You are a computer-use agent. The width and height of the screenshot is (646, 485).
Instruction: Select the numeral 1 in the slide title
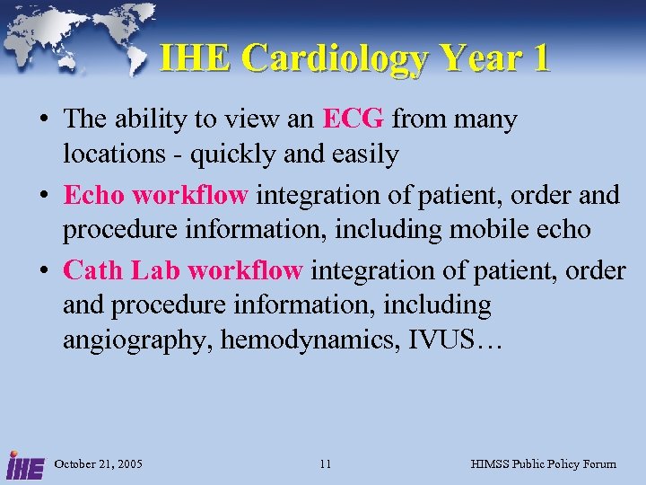pos(539,58)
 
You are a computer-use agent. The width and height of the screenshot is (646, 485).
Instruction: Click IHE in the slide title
pos(194,58)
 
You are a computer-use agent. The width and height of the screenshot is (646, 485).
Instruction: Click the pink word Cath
pos(94,269)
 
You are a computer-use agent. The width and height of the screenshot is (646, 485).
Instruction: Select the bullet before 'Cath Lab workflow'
pos(43,269)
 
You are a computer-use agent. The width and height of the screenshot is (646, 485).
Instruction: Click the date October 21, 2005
pos(100,464)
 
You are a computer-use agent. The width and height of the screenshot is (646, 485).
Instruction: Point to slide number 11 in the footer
pos(325,464)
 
